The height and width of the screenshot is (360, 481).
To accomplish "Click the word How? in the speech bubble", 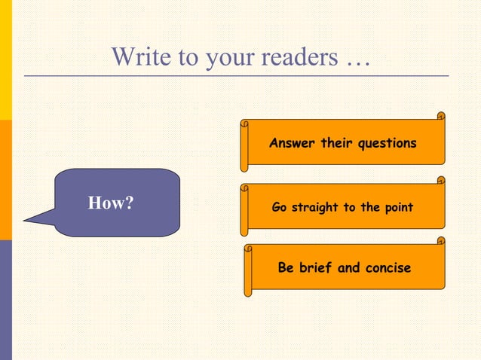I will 111,203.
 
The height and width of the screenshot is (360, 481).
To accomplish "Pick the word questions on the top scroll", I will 387,143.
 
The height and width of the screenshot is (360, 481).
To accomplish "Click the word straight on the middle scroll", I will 313,207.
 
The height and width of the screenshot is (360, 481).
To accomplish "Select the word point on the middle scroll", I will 397,207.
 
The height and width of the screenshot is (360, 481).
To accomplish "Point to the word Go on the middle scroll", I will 279,207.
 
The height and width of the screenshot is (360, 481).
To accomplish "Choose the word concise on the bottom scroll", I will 385,267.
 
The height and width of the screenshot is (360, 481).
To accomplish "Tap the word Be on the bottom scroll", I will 286,267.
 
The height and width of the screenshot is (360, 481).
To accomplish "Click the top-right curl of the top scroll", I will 440,116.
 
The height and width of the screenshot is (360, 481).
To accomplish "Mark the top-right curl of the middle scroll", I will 440,181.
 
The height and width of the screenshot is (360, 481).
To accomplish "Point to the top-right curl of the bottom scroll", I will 440,241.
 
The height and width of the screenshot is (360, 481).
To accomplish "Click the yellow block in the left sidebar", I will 6,60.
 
